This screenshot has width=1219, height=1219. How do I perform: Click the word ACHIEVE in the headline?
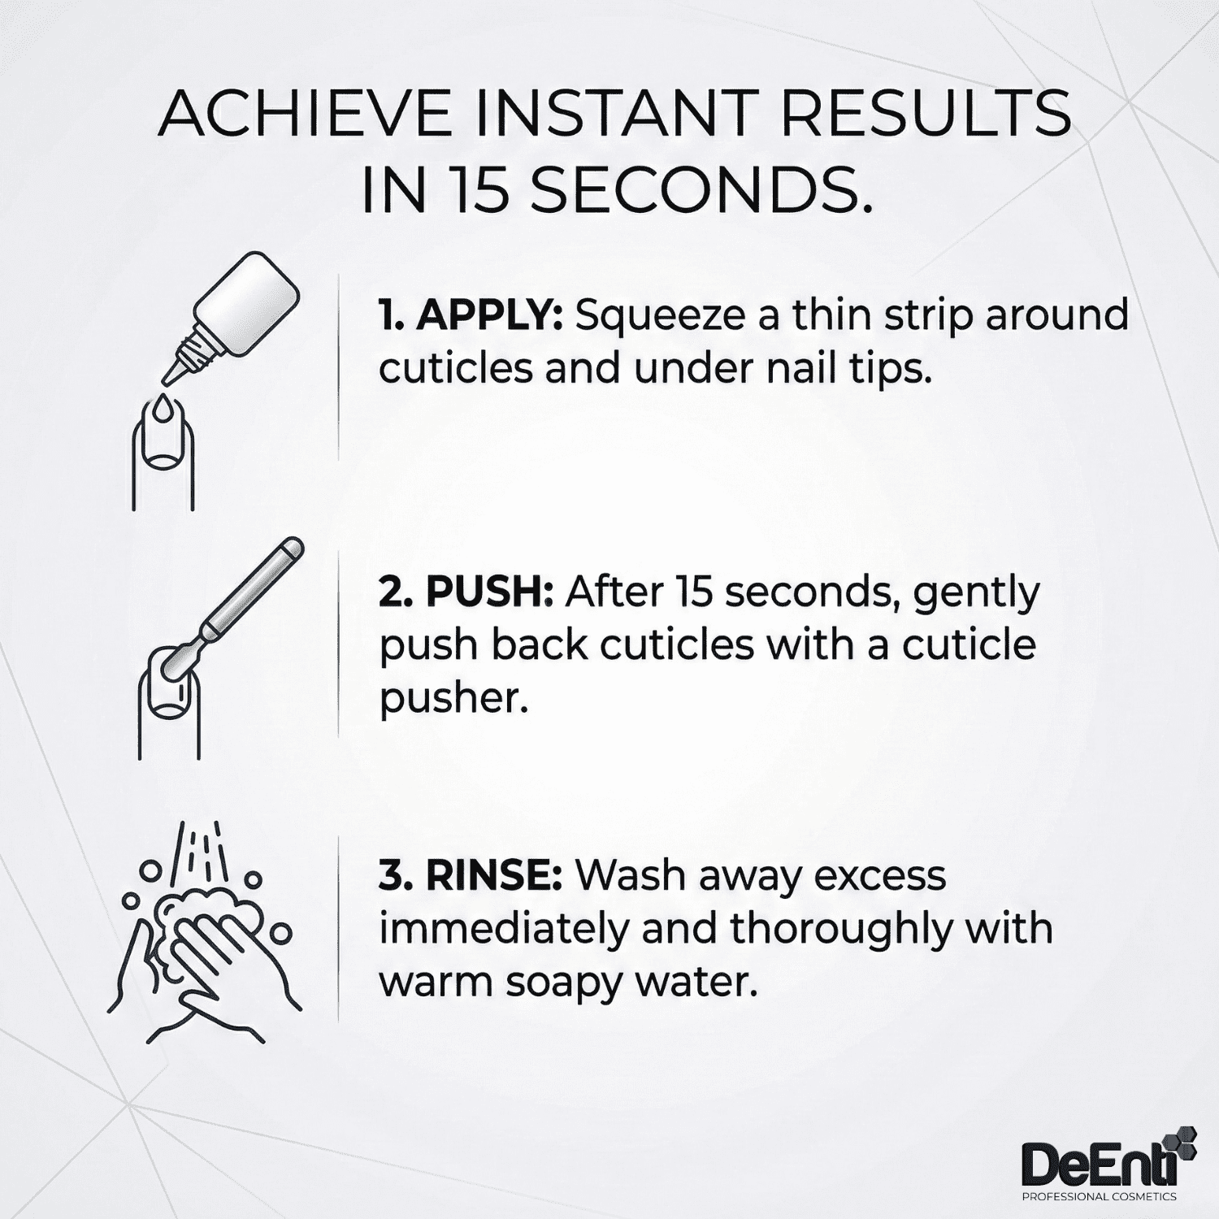tap(306, 115)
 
